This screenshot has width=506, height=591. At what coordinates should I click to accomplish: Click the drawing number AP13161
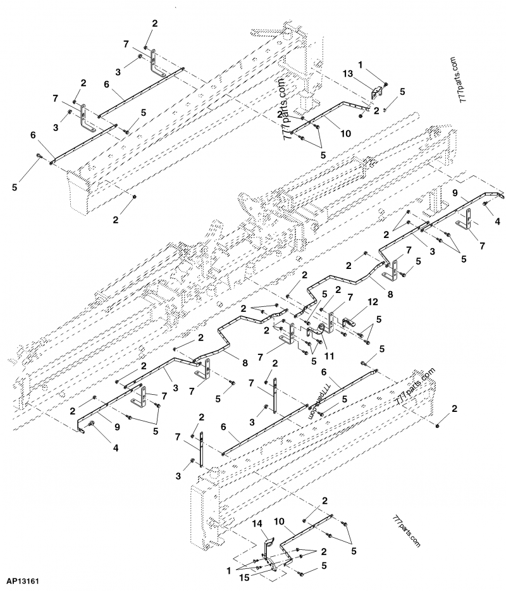(x=25, y=580)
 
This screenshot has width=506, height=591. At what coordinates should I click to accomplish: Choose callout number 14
(x=257, y=524)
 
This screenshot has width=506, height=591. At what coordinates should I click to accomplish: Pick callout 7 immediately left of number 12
(x=332, y=298)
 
